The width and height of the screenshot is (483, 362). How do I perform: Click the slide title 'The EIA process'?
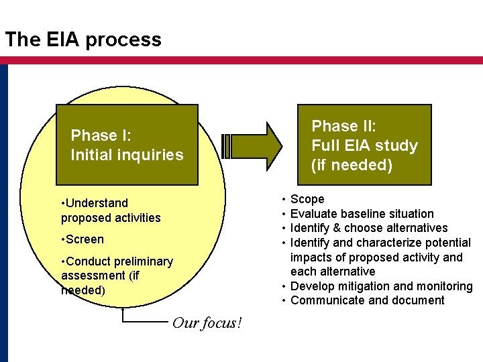click(83, 40)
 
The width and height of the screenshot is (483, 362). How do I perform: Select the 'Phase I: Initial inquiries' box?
click(127, 145)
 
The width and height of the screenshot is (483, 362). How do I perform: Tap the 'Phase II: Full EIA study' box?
click(364, 145)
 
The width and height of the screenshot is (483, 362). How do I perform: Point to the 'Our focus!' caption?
click(207, 323)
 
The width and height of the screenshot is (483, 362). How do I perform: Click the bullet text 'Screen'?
click(85, 239)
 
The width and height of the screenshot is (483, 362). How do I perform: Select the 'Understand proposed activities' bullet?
click(111, 210)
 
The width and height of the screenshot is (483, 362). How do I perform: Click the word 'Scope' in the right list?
click(307, 199)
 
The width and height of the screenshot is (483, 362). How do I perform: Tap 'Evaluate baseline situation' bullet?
click(362, 214)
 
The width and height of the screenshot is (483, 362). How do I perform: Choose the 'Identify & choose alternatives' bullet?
click(368, 228)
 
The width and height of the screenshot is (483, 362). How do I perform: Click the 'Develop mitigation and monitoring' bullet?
click(381, 286)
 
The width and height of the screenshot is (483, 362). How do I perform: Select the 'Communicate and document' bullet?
click(367, 300)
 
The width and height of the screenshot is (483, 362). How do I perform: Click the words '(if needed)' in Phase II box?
click(352, 165)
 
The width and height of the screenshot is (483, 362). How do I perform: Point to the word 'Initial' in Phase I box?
click(94, 155)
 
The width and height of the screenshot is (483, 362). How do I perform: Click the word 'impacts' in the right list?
click(311, 257)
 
